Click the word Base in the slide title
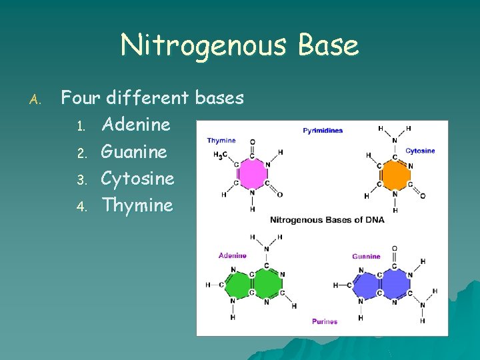[328, 45]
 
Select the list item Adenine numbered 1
[135, 125]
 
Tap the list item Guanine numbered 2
[134, 152]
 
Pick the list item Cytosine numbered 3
[137, 179]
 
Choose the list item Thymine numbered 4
[137, 205]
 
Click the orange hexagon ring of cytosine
[395, 174]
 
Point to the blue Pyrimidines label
[323, 130]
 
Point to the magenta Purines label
[325, 321]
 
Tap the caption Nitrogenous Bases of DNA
[327, 220]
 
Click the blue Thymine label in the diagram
[221, 141]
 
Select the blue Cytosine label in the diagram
[420, 151]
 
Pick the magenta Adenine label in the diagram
[233, 255]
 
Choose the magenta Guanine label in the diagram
[366, 256]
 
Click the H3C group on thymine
[221, 155]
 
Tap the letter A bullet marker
[36, 100]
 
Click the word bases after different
[219, 98]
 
